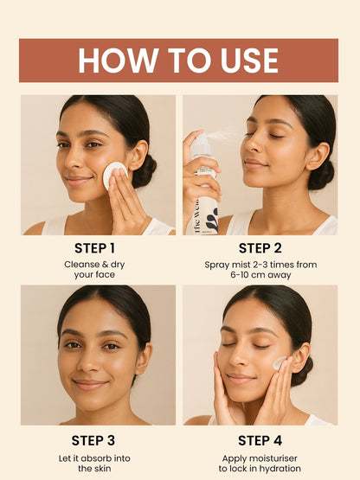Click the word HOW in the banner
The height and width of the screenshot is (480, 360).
[x=118, y=61]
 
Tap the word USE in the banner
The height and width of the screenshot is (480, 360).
[x=249, y=61]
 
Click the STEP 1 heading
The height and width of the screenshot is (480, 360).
[x=94, y=248]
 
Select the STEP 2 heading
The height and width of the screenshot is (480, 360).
[x=260, y=248]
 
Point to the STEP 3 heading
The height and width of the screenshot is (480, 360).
[x=93, y=441]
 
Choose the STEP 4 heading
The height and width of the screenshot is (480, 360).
[x=260, y=441]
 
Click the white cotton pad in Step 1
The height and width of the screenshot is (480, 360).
[x=114, y=175]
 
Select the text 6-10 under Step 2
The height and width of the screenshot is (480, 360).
[x=239, y=274]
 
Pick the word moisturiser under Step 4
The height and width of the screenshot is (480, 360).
[x=273, y=458]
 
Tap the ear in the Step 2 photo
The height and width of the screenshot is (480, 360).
[x=317, y=156]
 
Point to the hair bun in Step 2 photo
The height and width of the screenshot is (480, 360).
[x=322, y=175]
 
